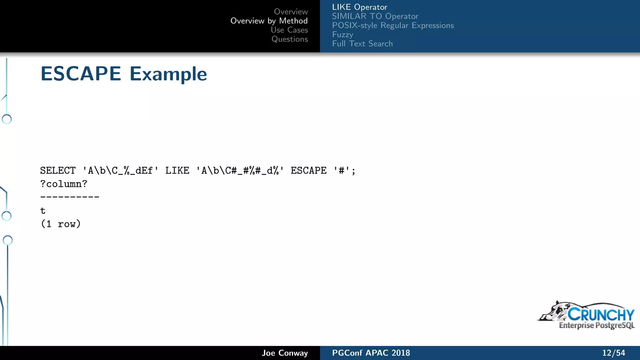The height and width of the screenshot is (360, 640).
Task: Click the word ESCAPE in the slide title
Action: tap(81, 74)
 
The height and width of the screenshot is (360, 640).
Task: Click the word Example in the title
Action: tap(168, 74)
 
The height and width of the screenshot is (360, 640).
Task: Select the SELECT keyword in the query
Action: tap(58, 171)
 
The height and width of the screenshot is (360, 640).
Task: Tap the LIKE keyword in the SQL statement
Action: tap(177, 171)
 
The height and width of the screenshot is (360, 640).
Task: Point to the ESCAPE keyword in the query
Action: tap(308, 171)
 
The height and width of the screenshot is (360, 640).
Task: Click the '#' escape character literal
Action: tap(342, 171)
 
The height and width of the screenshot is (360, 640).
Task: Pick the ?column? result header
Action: tap(64, 184)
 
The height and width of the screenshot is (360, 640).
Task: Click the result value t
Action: tap(43, 211)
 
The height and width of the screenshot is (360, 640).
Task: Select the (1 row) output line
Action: tap(61, 224)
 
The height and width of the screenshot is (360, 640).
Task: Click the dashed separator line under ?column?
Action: tap(70, 197)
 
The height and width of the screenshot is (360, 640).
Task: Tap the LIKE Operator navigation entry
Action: tap(359, 7)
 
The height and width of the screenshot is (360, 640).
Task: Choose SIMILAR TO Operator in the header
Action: tap(375, 16)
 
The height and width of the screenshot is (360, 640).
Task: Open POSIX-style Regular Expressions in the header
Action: tap(393, 25)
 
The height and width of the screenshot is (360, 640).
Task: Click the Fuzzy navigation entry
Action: tap(342, 35)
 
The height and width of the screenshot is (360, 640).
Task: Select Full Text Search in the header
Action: tap(362, 44)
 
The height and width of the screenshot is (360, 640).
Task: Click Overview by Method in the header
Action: tap(269, 21)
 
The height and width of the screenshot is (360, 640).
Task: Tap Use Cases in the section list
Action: tap(289, 30)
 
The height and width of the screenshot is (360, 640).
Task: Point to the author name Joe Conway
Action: tap(285, 353)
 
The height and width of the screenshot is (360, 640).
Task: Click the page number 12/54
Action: tap(613, 353)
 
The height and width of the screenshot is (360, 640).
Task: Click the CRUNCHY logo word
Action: tap(601, 314)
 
